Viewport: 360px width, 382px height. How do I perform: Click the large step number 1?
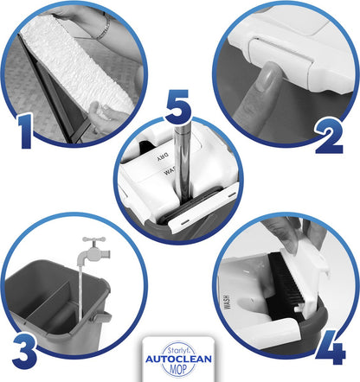(25, 131)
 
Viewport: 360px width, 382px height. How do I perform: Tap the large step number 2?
(330, 137)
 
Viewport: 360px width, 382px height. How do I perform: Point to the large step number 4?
(331, 347)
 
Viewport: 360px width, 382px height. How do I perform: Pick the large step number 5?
(178, 106)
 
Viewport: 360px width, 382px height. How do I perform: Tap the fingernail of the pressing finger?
(267, 76)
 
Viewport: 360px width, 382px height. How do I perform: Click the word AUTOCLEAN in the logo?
(178, 360)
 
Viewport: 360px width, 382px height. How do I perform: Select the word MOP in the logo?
(178, 369)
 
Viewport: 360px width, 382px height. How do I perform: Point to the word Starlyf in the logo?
(177, 350)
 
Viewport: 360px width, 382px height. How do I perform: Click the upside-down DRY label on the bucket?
(163, 158)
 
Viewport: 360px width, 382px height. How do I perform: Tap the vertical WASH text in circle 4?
(227, 302)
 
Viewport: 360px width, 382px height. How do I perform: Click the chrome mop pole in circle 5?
(183, 162)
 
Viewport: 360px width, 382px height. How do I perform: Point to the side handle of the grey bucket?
(100, 317)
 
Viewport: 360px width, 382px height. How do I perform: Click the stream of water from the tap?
(80, 292)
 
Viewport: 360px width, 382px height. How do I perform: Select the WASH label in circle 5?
(170, 171)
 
